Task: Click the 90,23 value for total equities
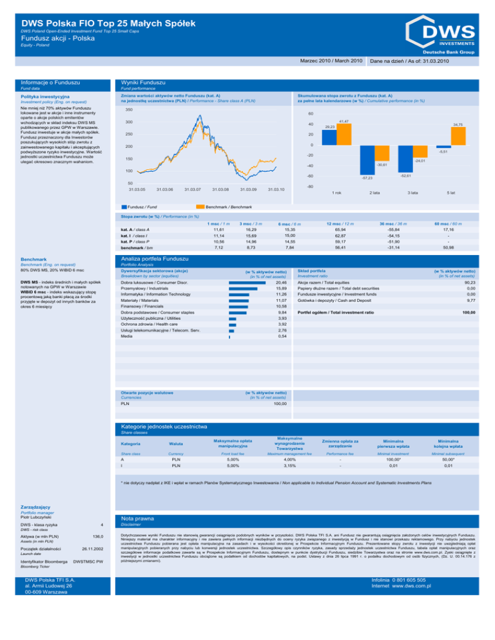pos(467,264)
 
